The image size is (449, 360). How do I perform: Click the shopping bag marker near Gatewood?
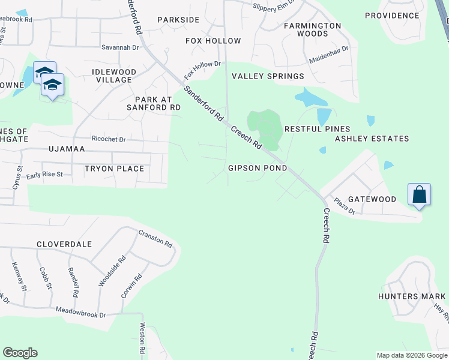pos(419,195)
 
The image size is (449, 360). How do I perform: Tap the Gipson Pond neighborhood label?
pos(258,168)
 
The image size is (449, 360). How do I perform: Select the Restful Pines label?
pos(317,129)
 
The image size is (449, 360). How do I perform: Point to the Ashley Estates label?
pos(372,139)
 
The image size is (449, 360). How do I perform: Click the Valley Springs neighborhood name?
pos(268,76)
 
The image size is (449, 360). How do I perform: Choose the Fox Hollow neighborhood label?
pos(213,41)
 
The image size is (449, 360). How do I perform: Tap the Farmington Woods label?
pos(312,30)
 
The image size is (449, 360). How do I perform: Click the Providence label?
pos(392,16)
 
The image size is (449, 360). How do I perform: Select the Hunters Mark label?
pos(412,296)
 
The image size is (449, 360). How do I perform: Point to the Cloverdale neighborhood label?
pos(64,244)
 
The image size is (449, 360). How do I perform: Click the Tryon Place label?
pos(114,169)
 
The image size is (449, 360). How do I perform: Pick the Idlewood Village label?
pos(113,76)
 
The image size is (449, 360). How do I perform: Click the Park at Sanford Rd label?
pos(154,103)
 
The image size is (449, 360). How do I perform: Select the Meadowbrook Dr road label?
pos(80,313)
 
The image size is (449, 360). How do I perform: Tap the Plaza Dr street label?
pos(345,208)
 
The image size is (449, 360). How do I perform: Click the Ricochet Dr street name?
pos(109,139)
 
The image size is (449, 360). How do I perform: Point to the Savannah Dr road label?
pos(120,47)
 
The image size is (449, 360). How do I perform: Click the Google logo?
pos(20,352)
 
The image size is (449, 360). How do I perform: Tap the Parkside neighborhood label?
pos(178,20)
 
